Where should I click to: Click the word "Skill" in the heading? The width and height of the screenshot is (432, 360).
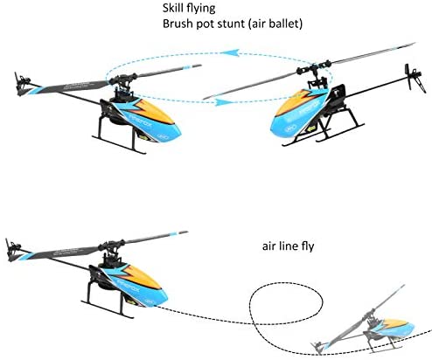pyautogui.click(x=173, y=8)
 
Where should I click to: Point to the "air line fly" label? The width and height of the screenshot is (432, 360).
pyautogui.click(x=289, y=246)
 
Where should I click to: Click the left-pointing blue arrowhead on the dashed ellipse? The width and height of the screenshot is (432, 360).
pyautogui.click(x=230, y=52)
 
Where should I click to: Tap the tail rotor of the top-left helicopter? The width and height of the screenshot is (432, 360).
pyautogui.click(x=21, y=84)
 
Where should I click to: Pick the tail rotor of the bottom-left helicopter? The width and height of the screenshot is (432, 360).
pyautogui.click(x=12, y=250)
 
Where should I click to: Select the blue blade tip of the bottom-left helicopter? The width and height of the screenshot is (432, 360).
pyautogui.click(x=173, y=234)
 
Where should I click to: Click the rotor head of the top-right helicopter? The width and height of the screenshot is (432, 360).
pyautogui.click(x=313, y=69)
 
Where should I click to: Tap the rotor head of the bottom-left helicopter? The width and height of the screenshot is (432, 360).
pyautogui.click(x=112, y=246)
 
